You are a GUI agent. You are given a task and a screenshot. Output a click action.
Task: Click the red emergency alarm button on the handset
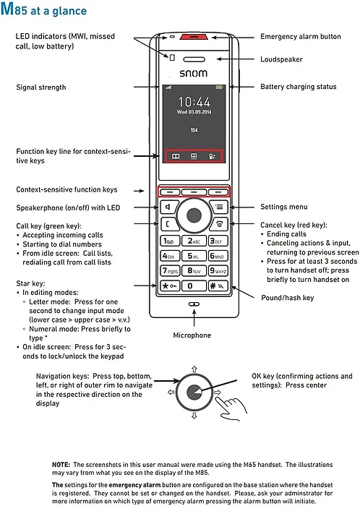[193, 36]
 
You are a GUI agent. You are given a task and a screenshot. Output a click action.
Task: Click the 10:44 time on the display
[194, 102]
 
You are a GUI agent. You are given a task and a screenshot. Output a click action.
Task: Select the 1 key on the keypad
[168, 240]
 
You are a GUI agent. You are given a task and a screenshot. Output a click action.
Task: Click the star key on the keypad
[168, 286]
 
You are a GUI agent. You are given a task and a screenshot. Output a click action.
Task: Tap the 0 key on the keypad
[194, 286]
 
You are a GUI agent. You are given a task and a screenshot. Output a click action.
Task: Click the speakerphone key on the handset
[168, 207]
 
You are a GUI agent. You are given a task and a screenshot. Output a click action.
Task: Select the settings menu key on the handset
[220, 207]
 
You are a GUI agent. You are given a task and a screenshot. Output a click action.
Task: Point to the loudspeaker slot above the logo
[193, 59]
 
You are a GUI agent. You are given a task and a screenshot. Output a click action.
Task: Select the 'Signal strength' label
[41, 87]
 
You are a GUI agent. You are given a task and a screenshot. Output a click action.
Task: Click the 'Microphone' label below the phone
[192, 335]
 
